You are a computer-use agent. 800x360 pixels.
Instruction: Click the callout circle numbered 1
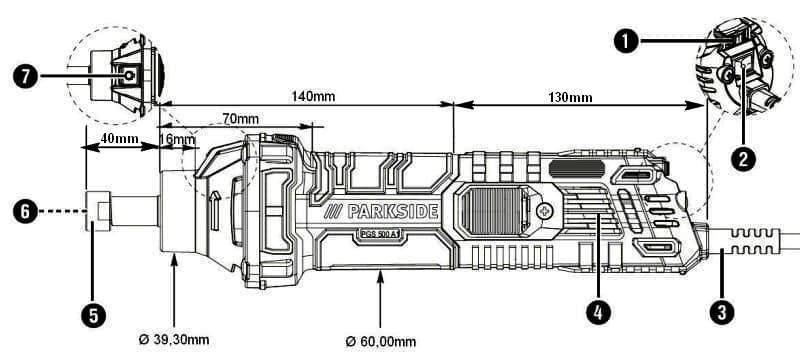(627, 42)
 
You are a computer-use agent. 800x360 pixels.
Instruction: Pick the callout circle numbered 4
(598, 312)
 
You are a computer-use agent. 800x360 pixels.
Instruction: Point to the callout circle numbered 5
(93, 315)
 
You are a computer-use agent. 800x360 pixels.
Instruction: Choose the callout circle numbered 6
(26, 212)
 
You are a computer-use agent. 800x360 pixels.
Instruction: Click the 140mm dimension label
(313, 96)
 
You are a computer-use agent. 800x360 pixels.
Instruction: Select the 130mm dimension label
(570, 97)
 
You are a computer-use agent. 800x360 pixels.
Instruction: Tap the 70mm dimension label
(240, 119)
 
